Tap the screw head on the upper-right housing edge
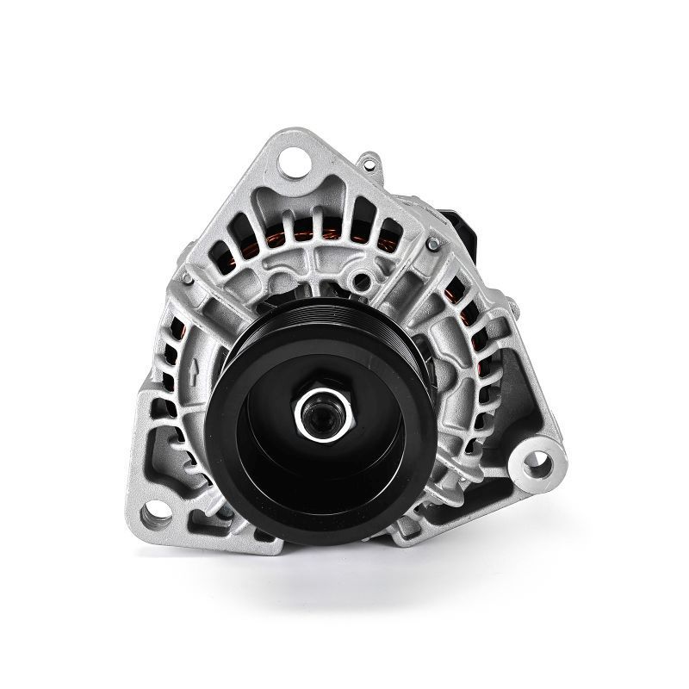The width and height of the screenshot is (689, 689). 427,247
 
